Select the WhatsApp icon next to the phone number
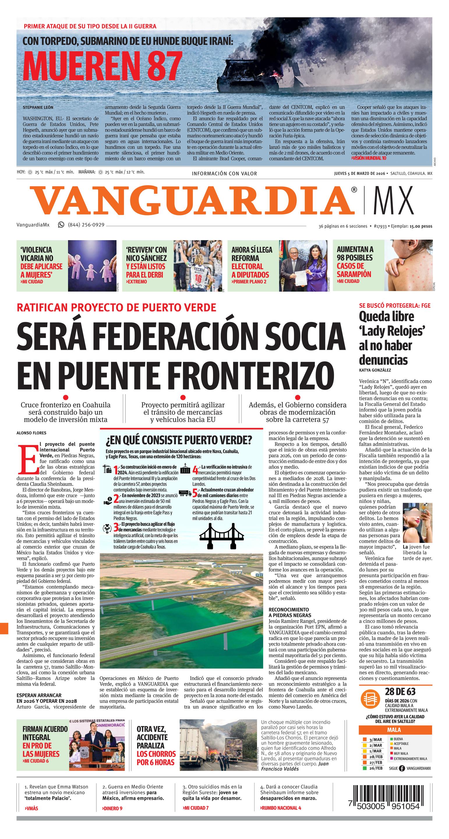pos(61,224)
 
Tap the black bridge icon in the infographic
pos(221,535)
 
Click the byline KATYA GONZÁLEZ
pos(375,370)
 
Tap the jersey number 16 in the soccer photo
pos(198,279)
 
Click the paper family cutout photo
pos(92,265)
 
